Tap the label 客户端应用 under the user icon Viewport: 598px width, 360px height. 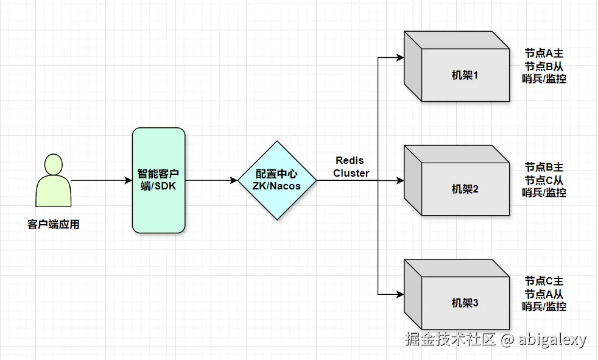click(x=53, y=225)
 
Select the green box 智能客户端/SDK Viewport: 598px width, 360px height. click(x=158, y=180)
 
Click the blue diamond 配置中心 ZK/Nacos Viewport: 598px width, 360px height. click(x=277, y=180)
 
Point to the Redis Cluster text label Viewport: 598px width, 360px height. click(x=351, y=167)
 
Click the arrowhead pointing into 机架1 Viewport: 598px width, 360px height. click(x=399, y=58)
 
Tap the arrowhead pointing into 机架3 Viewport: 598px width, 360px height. click(x=399, y=294)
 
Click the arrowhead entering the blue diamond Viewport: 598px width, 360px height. click(x=233, y=180)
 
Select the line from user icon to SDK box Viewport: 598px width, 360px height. click(x=101, y=180)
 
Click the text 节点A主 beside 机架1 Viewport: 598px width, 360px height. click(x=544, y=53)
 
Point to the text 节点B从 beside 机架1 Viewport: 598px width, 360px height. click(x=544, y=66)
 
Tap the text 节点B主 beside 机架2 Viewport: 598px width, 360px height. click(x=544, y=167)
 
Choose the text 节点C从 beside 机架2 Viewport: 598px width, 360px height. click(x=544, y=180)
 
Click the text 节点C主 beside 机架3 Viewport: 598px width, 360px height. click(x=544, y=281)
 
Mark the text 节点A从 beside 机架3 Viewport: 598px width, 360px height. click(x=544, y=294)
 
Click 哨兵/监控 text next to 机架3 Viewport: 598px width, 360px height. click(x=544, y=306)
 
